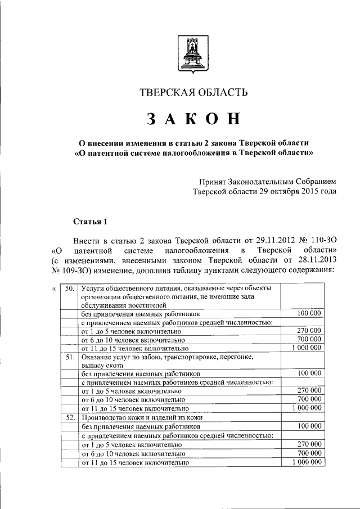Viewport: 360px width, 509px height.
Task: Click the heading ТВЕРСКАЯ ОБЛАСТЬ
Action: coord(193,93)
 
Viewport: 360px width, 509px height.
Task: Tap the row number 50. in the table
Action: coord(70,289)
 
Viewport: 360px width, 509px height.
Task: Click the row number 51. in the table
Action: coord(70,357)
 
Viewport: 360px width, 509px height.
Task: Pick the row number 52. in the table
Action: coord(70,417)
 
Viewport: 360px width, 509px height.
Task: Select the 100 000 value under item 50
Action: coord(309,313)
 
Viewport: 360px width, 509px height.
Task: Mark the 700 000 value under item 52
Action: coord(309,453)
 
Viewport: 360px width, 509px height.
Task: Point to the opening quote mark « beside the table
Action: coord(53,289)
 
